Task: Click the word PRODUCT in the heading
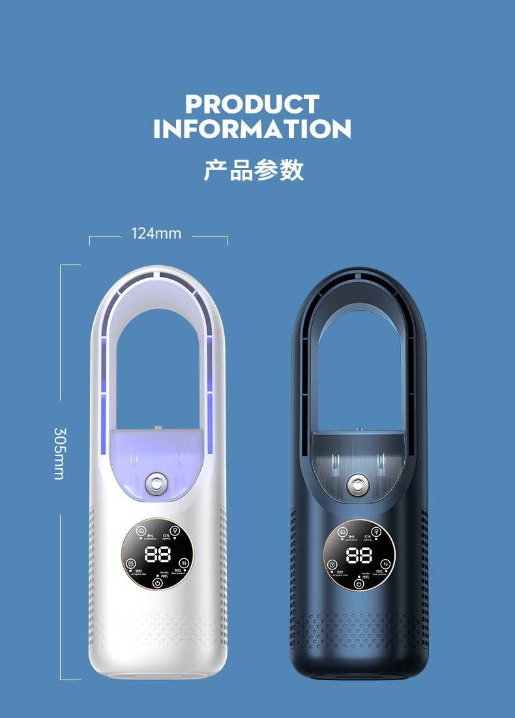[252, 104]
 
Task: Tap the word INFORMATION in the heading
[252, 128]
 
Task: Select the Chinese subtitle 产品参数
[254, 170]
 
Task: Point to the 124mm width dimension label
[156, 233]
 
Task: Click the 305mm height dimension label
[59, 453]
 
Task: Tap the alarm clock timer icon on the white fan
[131, 564]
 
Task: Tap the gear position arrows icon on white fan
[184, 563]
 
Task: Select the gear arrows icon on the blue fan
[385, 563]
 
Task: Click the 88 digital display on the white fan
[158, 555]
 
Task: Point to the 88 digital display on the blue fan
[359, 555]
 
